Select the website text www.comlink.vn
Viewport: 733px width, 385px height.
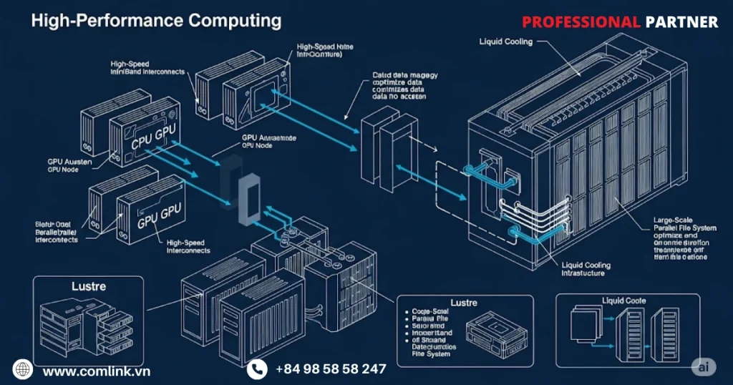96,371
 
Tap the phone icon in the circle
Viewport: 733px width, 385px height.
257,369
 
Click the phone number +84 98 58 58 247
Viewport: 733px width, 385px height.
331,369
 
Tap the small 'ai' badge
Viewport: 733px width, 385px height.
705,366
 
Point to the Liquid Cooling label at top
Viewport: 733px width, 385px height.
505,42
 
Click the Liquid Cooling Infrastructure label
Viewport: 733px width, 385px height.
587,269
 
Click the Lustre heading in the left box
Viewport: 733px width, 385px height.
89,286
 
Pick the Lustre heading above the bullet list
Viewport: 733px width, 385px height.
463,303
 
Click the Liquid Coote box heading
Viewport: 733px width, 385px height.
624,301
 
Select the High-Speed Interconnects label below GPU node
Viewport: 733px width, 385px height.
188,247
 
